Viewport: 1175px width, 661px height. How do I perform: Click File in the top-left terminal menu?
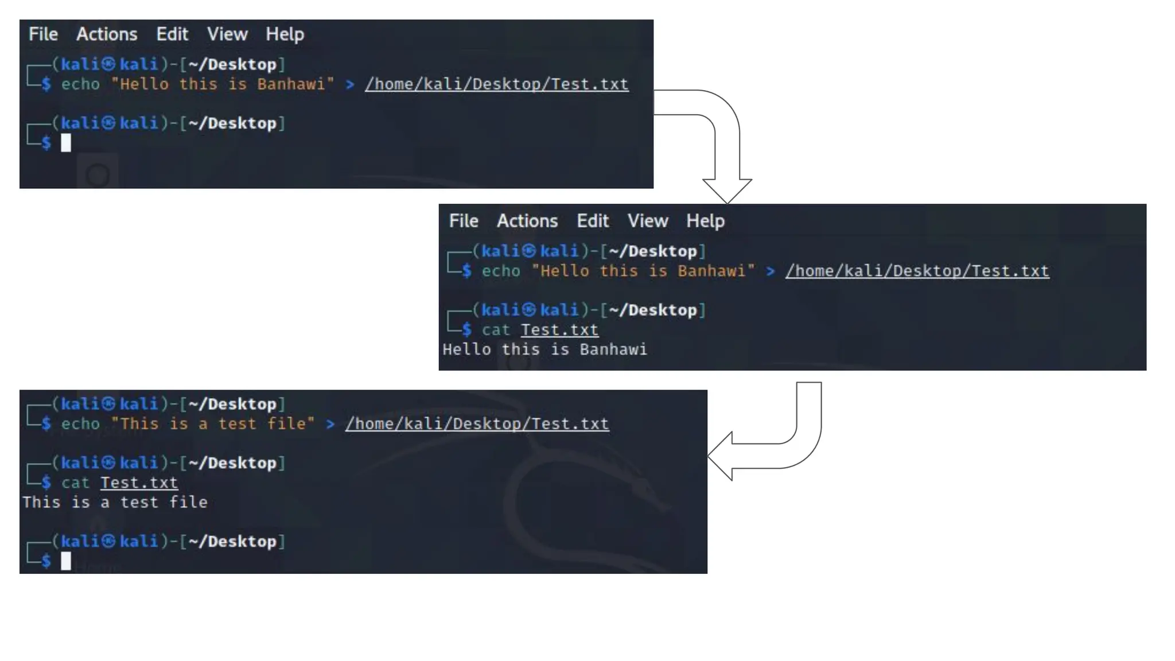pyautogui.click(x=43, y=34)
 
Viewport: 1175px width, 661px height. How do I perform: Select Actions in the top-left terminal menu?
pyautogui.click(x=107, y=34)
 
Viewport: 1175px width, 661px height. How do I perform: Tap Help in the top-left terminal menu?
pyautogui.click(x=285, y=34)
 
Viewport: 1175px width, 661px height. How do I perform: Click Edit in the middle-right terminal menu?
pyautogui.click(x=592, y=221)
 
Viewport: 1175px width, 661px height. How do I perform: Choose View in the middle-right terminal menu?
pyautogui.click(x=647, y=221)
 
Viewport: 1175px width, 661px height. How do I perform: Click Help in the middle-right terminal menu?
pyautogui.click(x=705, y=221)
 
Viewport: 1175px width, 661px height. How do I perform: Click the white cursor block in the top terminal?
pyautogui.click(x=66, y=142)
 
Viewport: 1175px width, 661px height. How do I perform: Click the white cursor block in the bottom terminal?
pyautogui.click(x=66, y=561)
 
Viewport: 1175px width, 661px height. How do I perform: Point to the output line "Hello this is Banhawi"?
pyautogui.click(x=544, y=349)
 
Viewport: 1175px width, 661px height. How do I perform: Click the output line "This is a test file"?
pyautogui.click(x=115, y=502)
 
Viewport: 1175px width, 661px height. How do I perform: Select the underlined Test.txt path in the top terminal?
pyautogui.click(x=496, y=84)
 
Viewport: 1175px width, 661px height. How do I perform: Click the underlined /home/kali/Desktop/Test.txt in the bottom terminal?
pyautogui.click(x=477, y=424)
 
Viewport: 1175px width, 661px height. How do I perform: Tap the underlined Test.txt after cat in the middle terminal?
pyautogui.click(x=559, y=330)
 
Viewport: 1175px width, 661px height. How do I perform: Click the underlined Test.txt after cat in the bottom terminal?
pyautogui.click(x=139, y=483)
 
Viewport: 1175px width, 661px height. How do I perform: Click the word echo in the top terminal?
pyautogui.click(x=80, y=84)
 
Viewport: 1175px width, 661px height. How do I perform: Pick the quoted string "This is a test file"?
pyautogui.click(x=213, y=424)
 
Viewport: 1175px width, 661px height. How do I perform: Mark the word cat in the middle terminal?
pyautogui.click(x=496, y=330)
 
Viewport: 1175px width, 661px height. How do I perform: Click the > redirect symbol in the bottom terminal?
pyautogui.click(x=330, y=424)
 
